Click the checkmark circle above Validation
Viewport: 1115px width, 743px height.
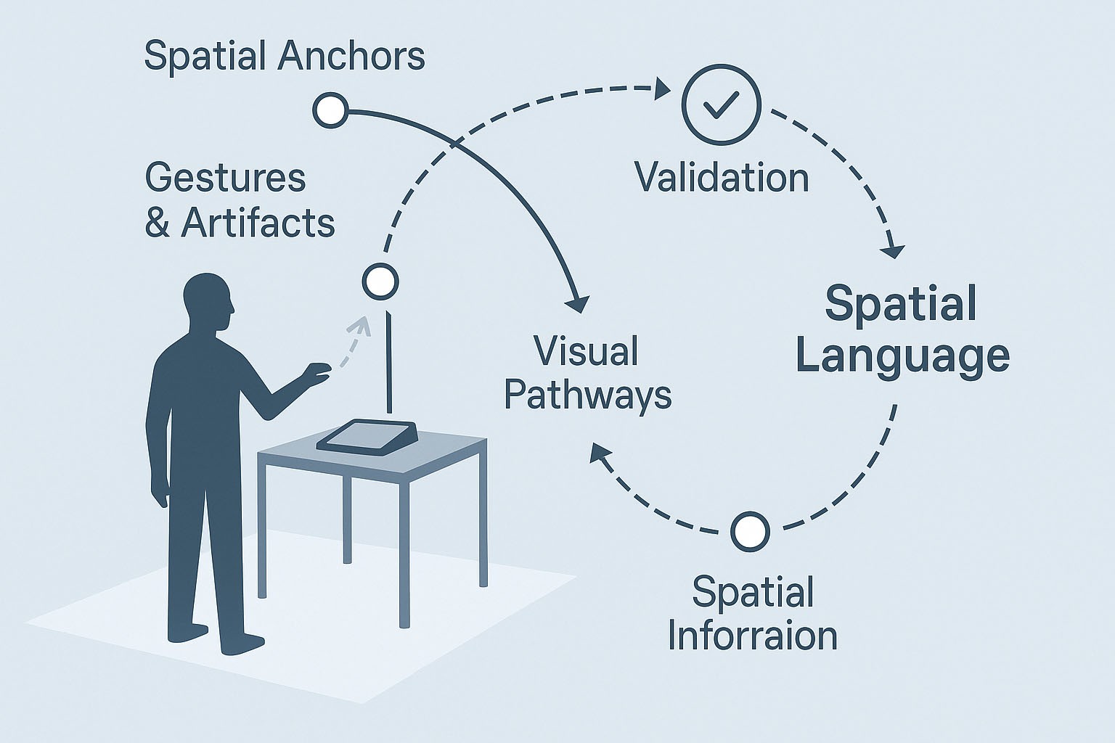721,104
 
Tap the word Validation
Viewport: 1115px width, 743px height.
722,178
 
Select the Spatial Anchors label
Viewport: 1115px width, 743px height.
285,56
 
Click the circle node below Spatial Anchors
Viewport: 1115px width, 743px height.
330,110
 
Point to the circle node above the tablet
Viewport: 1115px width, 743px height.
380,281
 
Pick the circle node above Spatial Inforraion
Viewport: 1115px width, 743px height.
750,531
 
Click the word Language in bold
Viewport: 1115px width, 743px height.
902,356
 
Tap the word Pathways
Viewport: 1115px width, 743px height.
588,395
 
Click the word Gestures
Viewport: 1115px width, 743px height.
226,178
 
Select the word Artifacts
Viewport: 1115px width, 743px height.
258,223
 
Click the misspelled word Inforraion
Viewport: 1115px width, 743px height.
753,635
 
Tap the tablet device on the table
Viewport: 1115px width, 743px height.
367,437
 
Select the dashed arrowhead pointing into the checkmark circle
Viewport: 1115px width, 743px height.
662,90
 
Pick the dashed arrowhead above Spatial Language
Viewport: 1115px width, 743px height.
893,250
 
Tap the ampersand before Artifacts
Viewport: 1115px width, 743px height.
157,223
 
